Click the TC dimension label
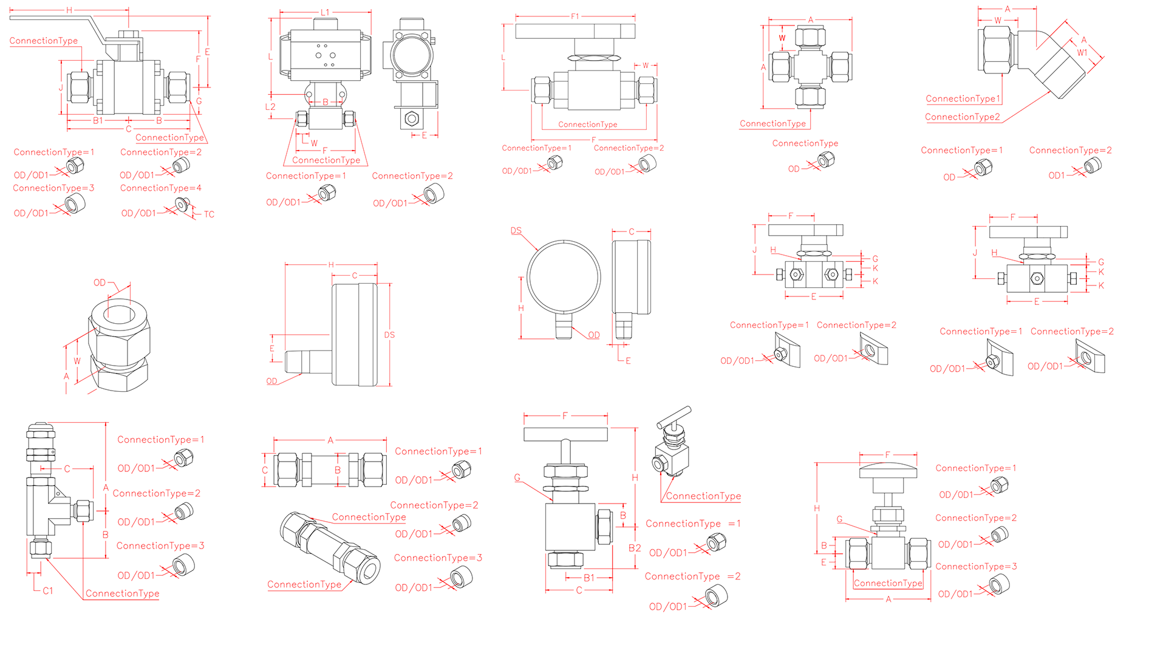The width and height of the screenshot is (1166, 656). (209, 214)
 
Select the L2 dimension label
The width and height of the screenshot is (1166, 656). (270, 107)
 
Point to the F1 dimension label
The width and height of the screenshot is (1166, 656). (574, 16)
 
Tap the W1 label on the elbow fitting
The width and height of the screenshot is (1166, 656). (1082, 53)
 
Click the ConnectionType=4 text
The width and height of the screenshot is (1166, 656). (160, 188)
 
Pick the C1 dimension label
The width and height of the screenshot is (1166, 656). (48, 590)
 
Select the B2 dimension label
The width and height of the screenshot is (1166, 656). (634, 548)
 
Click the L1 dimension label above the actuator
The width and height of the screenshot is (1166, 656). (325, 12)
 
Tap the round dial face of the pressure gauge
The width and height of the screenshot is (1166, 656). (564, 276)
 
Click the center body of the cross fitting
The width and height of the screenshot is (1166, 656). (810, 66)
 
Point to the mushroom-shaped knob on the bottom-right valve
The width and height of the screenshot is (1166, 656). (887, 471)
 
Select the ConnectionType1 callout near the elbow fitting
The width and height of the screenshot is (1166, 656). (963, 98)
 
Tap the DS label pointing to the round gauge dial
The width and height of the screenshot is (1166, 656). (516, 231)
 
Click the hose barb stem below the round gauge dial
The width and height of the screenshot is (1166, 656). (564, 326)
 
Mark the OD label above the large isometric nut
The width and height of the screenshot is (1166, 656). (100, 282)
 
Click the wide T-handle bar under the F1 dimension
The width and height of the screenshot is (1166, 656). (574, 31)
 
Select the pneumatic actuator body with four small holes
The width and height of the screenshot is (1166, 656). (325, 55)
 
